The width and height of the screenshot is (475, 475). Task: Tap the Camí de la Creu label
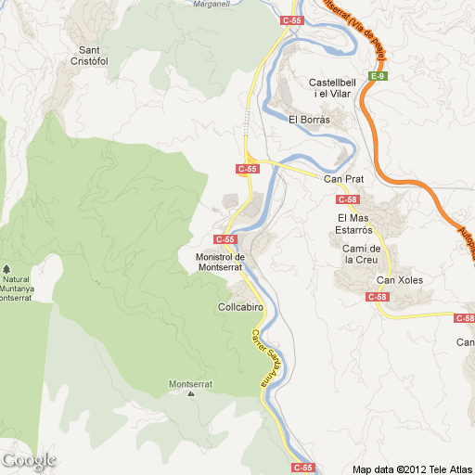pos(363,253)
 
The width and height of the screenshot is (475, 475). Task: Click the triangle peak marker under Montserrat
pos(191,393)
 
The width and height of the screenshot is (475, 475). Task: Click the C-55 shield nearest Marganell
pos(292,19)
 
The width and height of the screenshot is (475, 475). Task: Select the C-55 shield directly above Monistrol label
pos(237,238)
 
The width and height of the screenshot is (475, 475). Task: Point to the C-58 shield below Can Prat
pos(348,199)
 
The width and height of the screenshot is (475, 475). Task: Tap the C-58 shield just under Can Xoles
pos(377,297)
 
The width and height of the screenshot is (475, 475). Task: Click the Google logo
pos(29,459)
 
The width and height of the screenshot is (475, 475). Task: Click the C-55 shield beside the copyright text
pos(303,467)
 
